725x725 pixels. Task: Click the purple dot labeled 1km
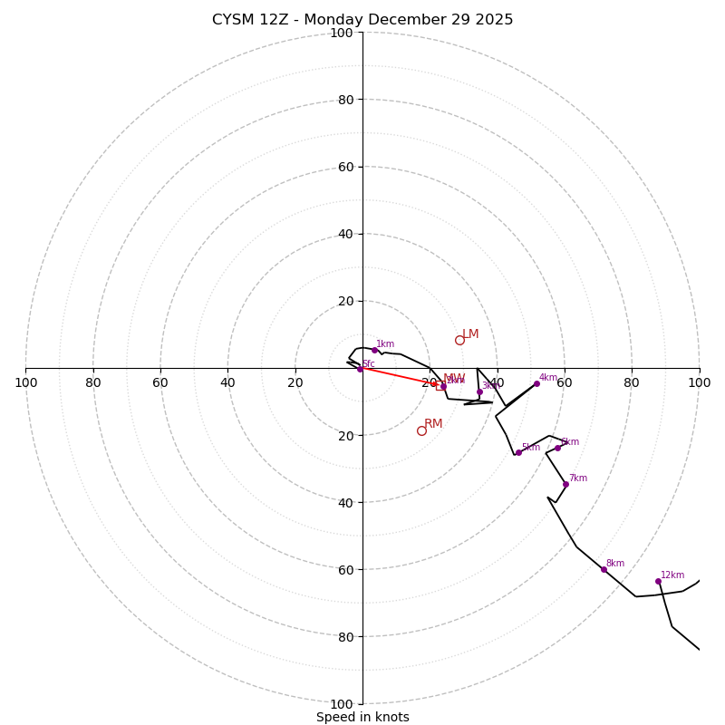(x=374, y=350)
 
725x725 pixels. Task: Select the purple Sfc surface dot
(x=360, y=369)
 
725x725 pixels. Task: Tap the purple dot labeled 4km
(x=536, y=383)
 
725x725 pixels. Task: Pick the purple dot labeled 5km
(x=518, y=452)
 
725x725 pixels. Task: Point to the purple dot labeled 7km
(x=565, y=484)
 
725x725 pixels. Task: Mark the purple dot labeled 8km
(x=604, y=569)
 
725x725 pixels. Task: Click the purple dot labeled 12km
(x=658, y=581)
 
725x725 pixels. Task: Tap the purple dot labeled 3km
(x=479, y=391)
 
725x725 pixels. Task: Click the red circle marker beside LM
(x=459, y=340)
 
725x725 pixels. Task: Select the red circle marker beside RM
(x=421, y=430)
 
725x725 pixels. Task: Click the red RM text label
(x=433, y=424)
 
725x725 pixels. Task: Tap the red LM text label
(x=470, y=334)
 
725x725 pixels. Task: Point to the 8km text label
(x=615, y=564)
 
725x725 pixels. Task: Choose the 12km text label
(x=672, y=575)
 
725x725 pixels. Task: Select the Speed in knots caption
(x=362, y=717)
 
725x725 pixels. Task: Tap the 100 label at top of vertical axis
(x=341, y=33)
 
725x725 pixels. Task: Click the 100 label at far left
(x=25, y=382)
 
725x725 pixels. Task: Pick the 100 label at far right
(x=699, y=382)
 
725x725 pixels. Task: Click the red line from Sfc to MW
(x=397, y=376)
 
